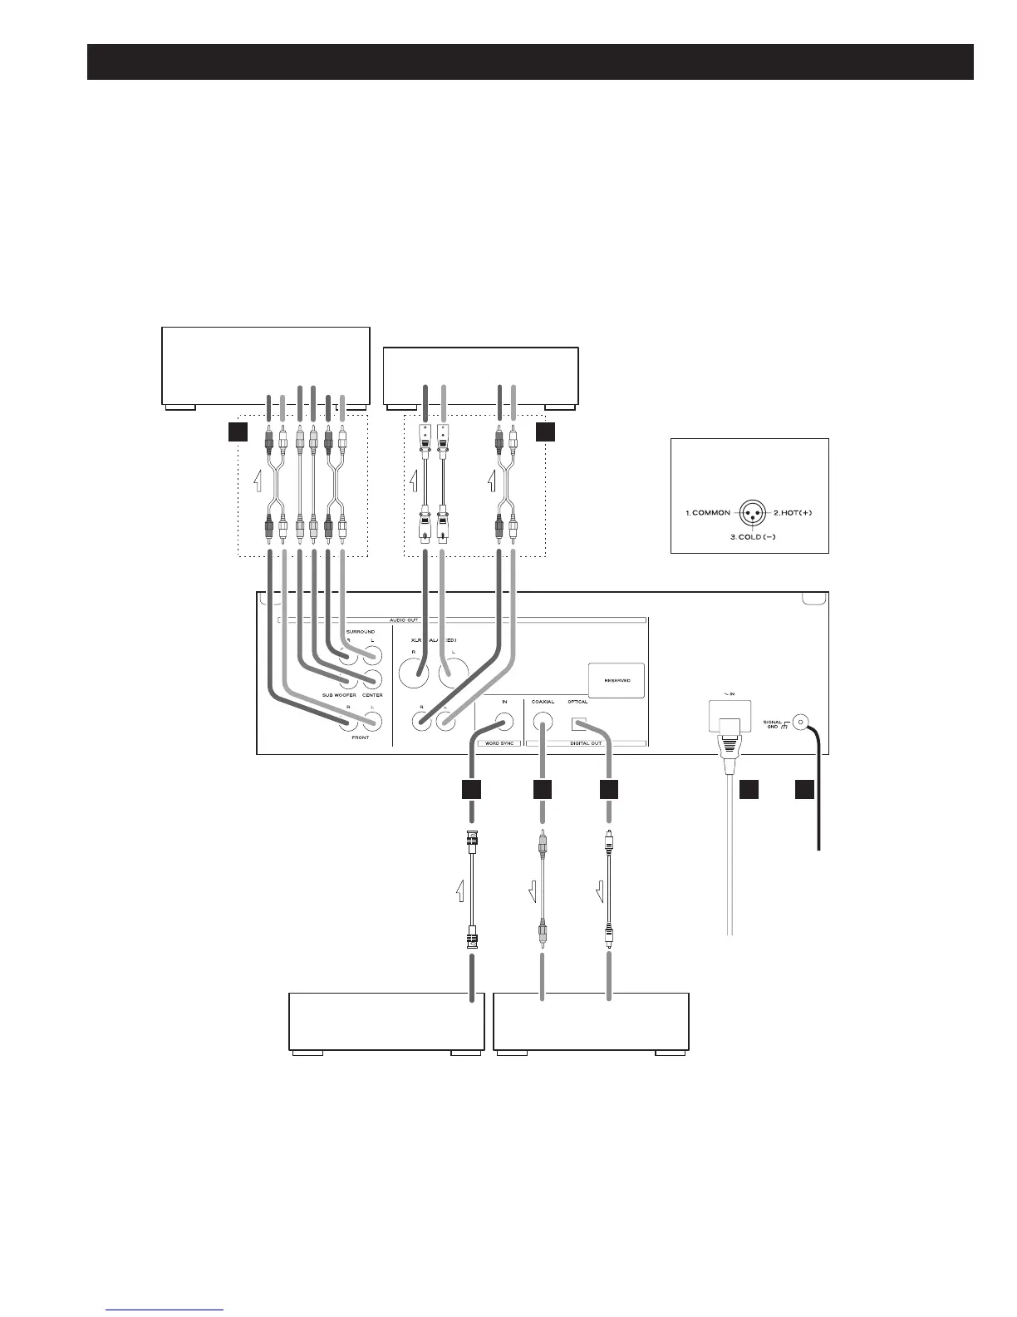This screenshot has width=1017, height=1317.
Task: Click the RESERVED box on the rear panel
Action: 616,680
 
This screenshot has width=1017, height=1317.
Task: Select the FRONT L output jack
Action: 371,722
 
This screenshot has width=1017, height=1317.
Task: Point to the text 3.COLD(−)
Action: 751,538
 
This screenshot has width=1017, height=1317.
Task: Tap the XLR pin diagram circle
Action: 750,513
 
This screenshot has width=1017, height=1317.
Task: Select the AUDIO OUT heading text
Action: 461,619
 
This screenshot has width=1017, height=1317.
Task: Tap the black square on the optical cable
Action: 609,790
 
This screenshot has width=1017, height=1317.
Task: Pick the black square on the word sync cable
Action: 472,790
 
